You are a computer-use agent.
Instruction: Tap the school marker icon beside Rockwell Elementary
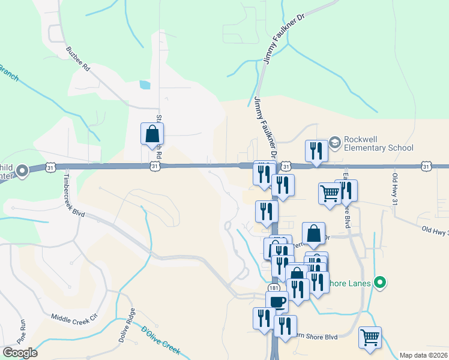click(335, 142)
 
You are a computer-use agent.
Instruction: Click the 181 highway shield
click(273, 289)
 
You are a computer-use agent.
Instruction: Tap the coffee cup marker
click(277, 301)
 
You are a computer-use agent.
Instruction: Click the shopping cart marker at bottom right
click(370, 337)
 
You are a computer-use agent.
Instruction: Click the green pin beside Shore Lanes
click(379, 281)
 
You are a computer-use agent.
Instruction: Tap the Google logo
click(20, 353)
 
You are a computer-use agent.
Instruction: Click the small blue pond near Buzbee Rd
click(145, 85)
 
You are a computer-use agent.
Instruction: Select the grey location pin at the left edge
click(22, 171)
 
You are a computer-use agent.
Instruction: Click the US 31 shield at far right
click(426, 165)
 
